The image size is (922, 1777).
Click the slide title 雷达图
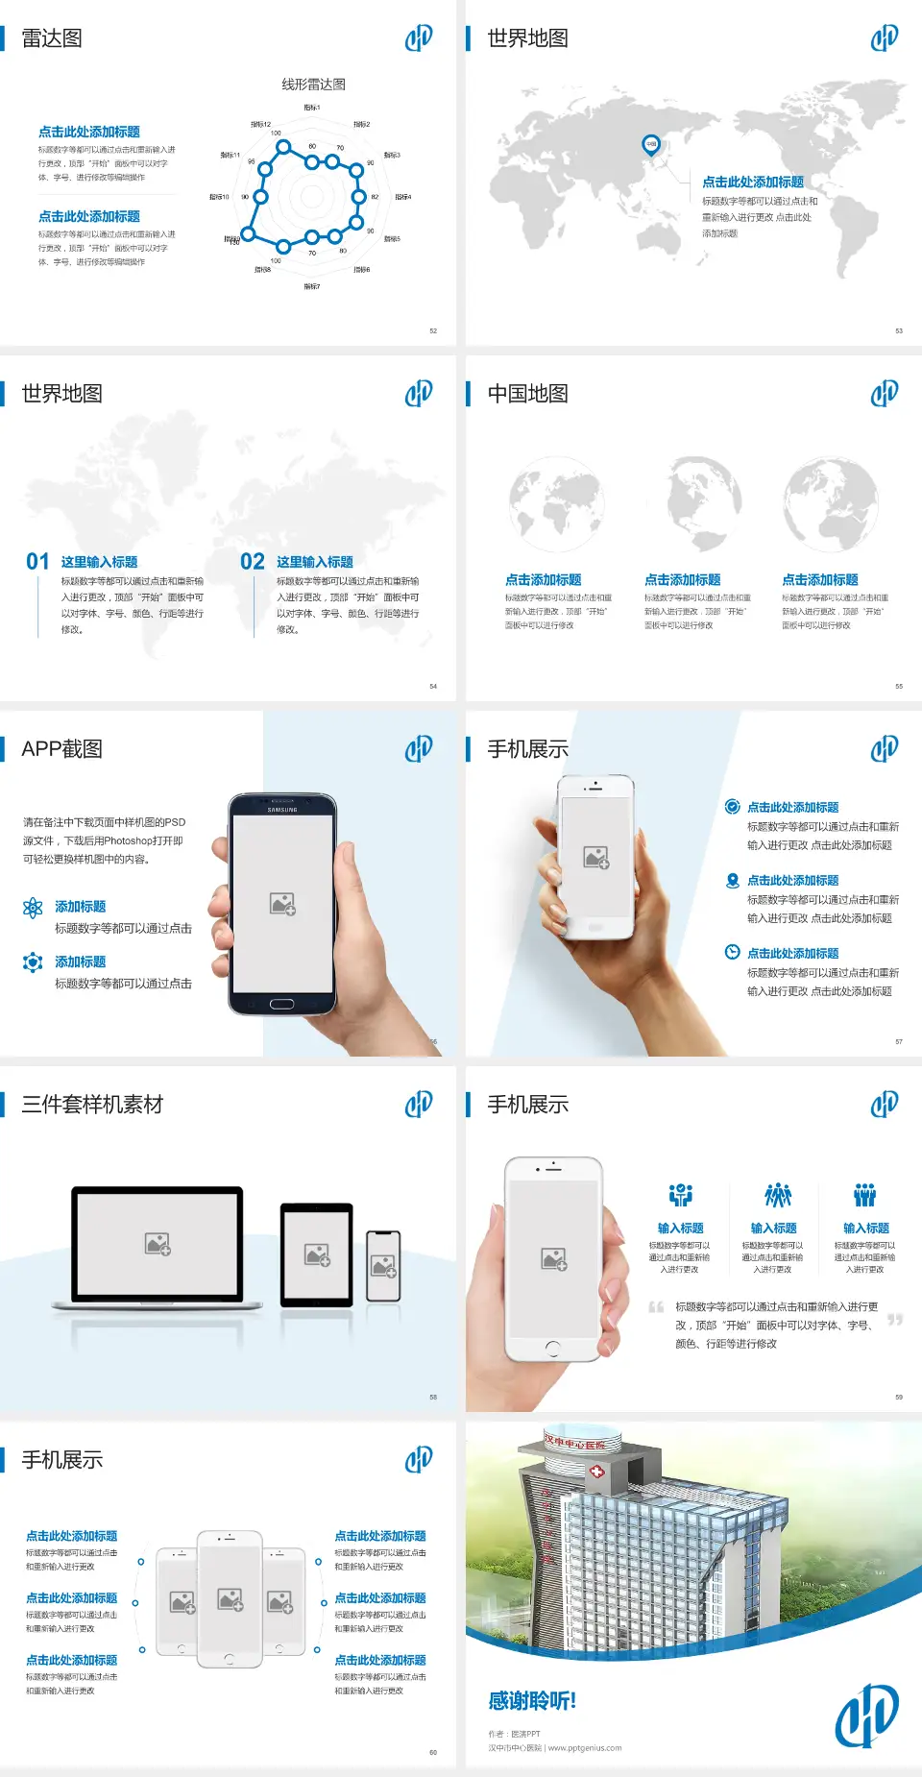point(52,38)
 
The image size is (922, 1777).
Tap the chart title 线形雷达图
point(313,85)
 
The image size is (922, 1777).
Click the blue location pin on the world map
point(651,145)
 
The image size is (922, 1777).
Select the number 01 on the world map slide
point(37,562)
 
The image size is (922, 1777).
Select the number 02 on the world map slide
point(253,562)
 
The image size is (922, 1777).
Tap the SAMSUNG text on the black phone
point(282,810)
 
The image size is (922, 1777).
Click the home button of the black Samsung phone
point(281,1004)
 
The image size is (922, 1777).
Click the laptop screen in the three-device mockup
point(158,1244)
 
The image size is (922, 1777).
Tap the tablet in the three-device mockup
point(317,1254)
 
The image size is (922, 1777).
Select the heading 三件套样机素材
point(92,1105)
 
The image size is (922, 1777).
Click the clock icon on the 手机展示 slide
point(732,952)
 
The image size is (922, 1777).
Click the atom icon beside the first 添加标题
point(33,908)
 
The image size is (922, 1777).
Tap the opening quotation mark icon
point(656,1307)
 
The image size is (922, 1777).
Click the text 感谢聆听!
point(532,1701)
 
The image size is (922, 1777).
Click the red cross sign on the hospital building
point(596,1472)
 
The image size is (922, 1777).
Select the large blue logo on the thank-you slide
point(866,1715)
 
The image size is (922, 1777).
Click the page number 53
point(899,330)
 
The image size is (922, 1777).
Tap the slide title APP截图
point(61,749)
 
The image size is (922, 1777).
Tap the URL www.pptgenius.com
point(585,1748)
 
